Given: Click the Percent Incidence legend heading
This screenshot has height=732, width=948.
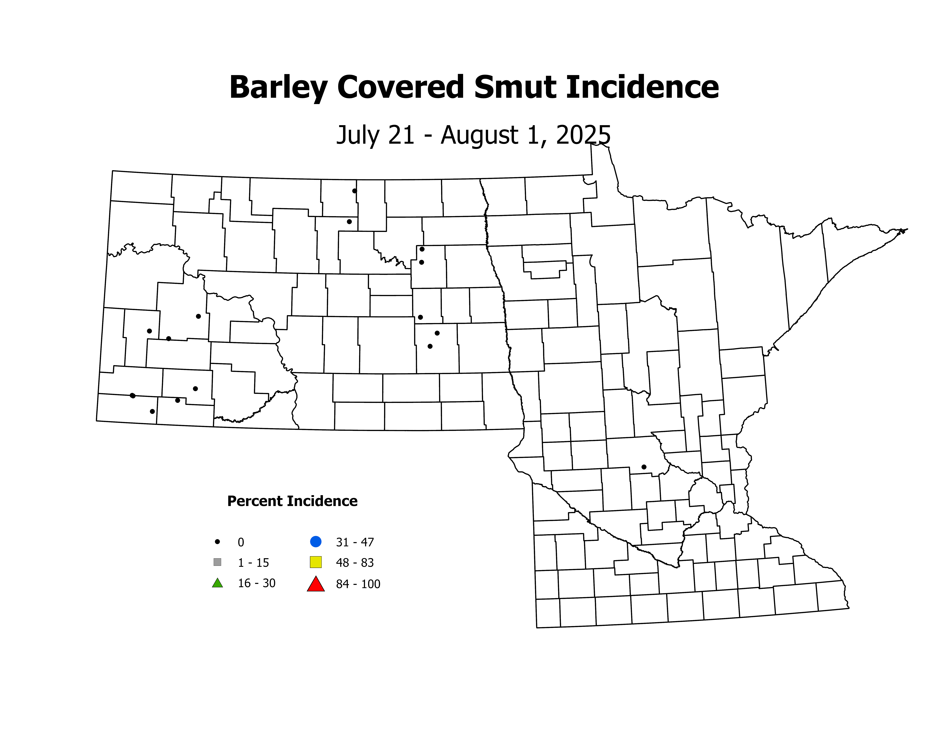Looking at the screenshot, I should tap(292, 501).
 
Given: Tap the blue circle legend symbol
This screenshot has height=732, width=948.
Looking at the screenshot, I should tap(316, 542).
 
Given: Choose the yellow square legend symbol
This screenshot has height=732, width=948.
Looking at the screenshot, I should tap(316, 562).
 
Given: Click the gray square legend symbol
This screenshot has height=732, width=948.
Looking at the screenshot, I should tap(217, 562).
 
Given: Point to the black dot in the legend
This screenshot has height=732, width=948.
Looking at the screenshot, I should tap(217, 542).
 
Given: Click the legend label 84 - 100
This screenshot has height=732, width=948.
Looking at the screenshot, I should tap(358, 584).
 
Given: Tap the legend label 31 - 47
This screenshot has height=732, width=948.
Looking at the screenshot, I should tap(355, 542).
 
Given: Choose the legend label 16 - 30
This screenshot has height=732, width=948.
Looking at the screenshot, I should tap(257, 583).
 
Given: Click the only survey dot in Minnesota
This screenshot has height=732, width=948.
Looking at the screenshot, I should tap(644, 467).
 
